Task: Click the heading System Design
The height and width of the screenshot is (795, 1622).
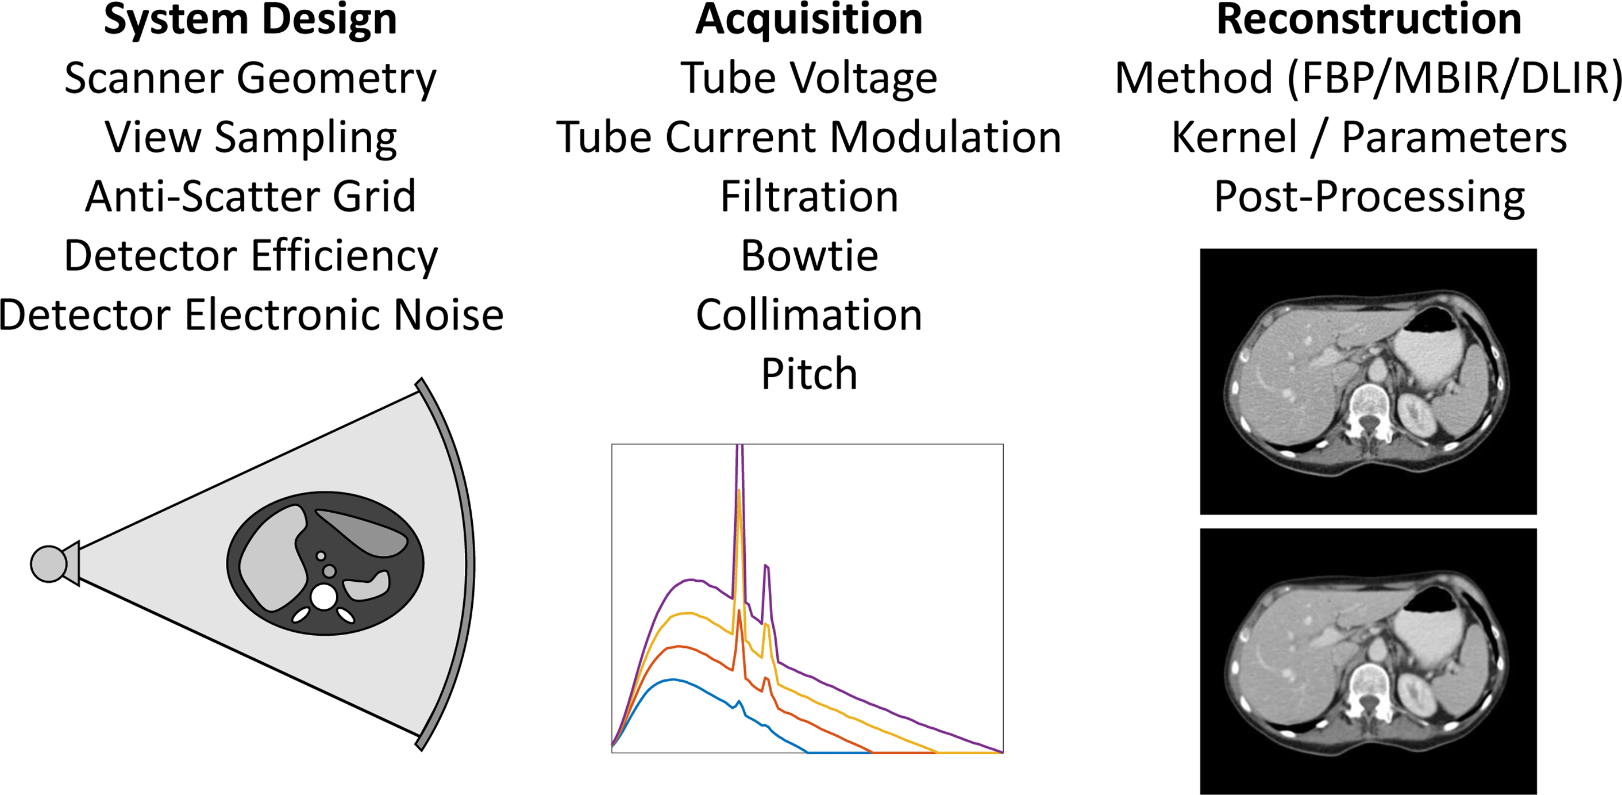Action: pos(250,20)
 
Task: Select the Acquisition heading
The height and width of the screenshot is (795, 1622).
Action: pos(809,20)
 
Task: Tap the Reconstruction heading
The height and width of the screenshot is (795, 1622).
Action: pos(1369,20)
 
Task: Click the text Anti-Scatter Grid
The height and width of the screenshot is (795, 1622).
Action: pos(250,197)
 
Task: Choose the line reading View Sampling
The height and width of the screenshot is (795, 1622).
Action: pos(250,137)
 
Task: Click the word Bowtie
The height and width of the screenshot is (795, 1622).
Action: pos(809,256)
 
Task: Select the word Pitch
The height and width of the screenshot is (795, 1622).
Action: pos(809,374)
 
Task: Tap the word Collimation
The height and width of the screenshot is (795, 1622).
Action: pos(809,315)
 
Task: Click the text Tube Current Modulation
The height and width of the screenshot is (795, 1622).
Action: pos(809,137)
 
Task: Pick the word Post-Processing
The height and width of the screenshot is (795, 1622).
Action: pos(1369,197)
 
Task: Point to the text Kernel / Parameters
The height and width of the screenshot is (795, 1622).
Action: pos(1369,137)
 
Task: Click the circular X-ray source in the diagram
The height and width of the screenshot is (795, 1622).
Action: pos(48,564)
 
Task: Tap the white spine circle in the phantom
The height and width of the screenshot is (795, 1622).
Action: pos(323,597)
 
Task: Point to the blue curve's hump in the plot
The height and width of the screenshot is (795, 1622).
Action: pos(674,681)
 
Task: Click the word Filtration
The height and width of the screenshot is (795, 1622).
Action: pos(809,197)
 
